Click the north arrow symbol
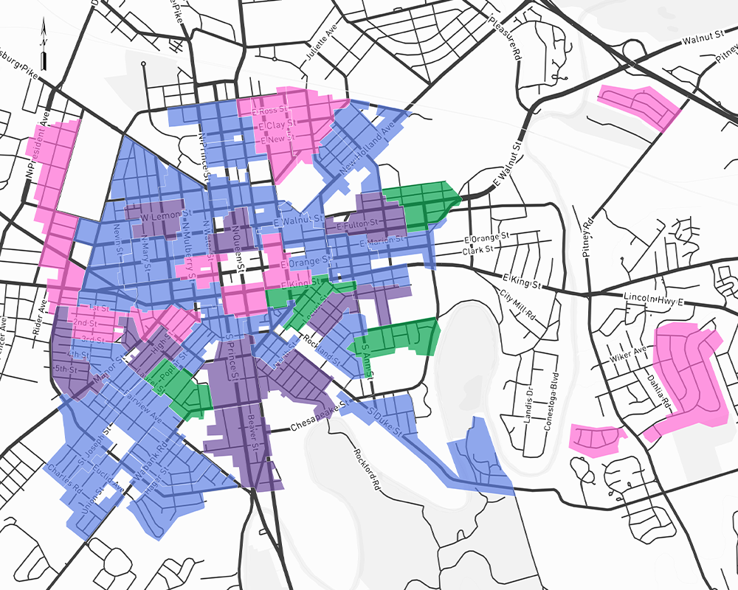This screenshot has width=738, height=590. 44,46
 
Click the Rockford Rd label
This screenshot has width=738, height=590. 366,470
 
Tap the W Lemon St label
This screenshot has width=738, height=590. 155,219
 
